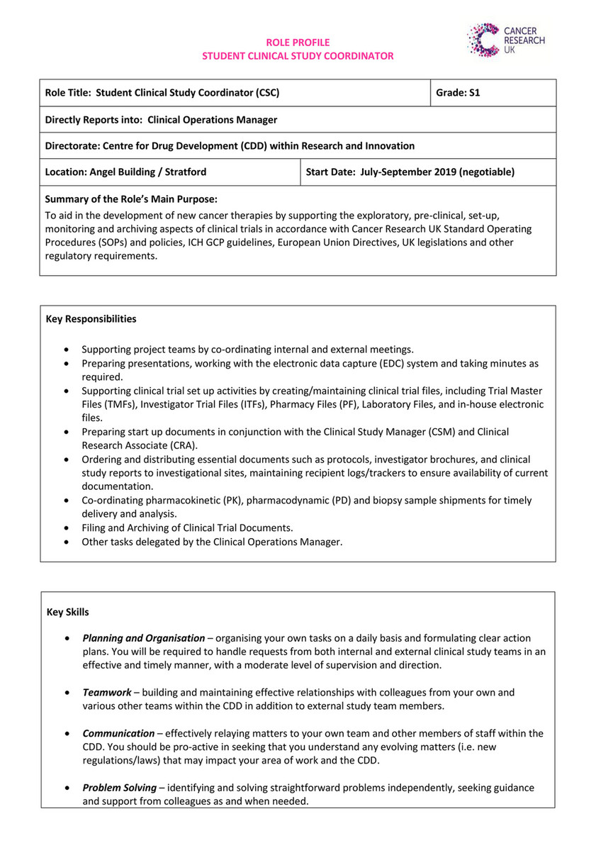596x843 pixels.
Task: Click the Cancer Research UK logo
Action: pyautogui.click(x=505, y=39)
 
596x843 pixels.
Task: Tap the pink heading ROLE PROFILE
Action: pyautogui.click(x=298, y=43)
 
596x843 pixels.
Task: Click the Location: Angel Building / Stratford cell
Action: pyautogui.click(x=126, y=172)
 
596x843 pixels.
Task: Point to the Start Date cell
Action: pyautogui.click(x=410, y=172)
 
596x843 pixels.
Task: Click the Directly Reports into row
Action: pyautogui.click(x=161, y=119)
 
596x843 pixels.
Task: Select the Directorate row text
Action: pyautogui.click(x=230, y=145)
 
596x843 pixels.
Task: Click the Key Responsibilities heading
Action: pyautogui.click(x=91, y=319)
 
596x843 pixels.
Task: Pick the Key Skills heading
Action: pyautogui.click(x=68, y=611)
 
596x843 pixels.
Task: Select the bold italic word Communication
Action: pyautogui.click(x=118, y=733)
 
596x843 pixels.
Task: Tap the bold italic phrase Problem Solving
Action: pyautogui.click(x=119, y=788)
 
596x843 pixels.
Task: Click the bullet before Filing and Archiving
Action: pyautogui.click(x=67, y=528)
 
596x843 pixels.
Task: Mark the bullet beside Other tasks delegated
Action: pyautogui.click(x=67, y=542)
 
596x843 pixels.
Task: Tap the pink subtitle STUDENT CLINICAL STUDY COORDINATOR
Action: pyautogui.click(x=298, y=56)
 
